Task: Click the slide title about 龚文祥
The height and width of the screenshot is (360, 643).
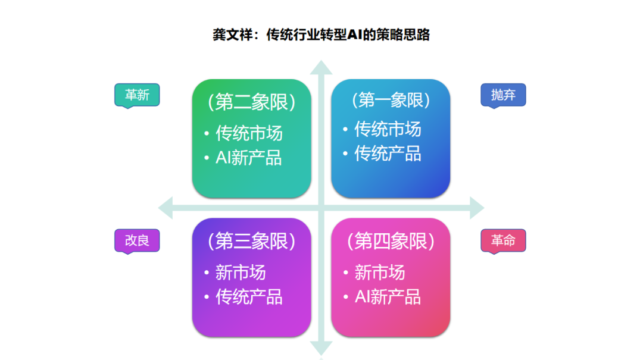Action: pyautogui.click(x=321, y=35)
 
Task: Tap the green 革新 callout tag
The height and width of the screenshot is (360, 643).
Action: pyautogui.click(x=137, y=95)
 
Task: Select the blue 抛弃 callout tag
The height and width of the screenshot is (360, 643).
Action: pyautogui.click(x=503, y=95)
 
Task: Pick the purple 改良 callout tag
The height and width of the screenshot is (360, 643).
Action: pyautogui.click(x=137, y=240)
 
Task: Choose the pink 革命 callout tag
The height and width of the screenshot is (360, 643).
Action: pyautogui.click(x=503, y=240)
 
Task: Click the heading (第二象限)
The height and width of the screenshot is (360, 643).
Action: pyautogui.click(x=251, y=103)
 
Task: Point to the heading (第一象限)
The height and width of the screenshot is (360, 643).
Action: pyautogui.click(x=391, y=100)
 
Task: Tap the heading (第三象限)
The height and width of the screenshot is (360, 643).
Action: pyautogui.click(x=251, y=241)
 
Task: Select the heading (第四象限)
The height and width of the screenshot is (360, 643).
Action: pyautogui.click(x=391, y=241)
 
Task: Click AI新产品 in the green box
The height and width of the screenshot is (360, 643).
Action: pyautogui.click(x=248, y=158)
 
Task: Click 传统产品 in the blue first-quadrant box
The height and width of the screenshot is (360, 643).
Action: pyautogui.click(x=388, y=154)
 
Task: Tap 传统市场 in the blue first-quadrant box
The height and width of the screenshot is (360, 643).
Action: pyautogui.click(x=388, y=129)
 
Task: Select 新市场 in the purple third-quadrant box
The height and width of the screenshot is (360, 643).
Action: pyautogui.click(x=241, y=273)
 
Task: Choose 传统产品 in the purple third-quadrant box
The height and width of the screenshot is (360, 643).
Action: pyautogui.click(x=249, y=297)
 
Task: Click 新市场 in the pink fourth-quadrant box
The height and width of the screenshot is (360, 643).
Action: pyautogui.click(x=380, y=273)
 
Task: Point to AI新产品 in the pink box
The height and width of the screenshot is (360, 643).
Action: pyautogui.click(x=388, y=297)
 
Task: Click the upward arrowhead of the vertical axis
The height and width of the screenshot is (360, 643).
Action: pyautogui.click(x=321, y=68)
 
